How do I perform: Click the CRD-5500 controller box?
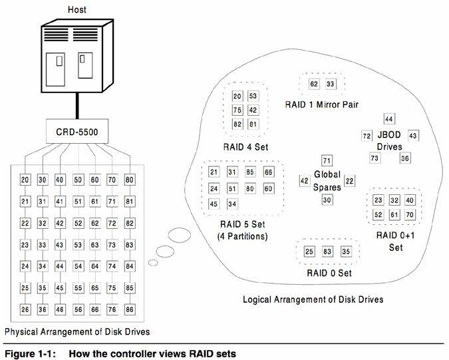(x=77, y=132)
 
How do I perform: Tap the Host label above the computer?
(x=76, y=10)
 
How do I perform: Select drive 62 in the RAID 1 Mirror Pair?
(x=314, y=84)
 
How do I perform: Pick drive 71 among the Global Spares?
(x=327, y=160)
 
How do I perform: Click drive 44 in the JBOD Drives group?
(x=389, y=119)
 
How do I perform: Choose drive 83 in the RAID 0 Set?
(x=327, y=252)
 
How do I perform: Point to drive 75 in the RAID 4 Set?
(x=237, y=110)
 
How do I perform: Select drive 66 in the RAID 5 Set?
(x=268, y=172)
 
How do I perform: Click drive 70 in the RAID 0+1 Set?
(x=410, y=214)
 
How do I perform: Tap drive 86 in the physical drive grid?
(x=130, y=309)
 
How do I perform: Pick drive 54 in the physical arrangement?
(x=78, y=266)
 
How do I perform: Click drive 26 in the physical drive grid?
(x=25, y=309)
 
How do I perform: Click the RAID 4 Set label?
(x=245, y=147)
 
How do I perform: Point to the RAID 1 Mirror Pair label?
(x=321, y=104)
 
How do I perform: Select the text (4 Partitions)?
(x=243, y=237)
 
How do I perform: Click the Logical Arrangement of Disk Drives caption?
(x=313, y=299)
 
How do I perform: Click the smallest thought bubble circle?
(x=153, y=262)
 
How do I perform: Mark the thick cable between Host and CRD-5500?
(x=77, y=106)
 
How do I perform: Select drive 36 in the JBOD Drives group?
(x=405, y=158)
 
